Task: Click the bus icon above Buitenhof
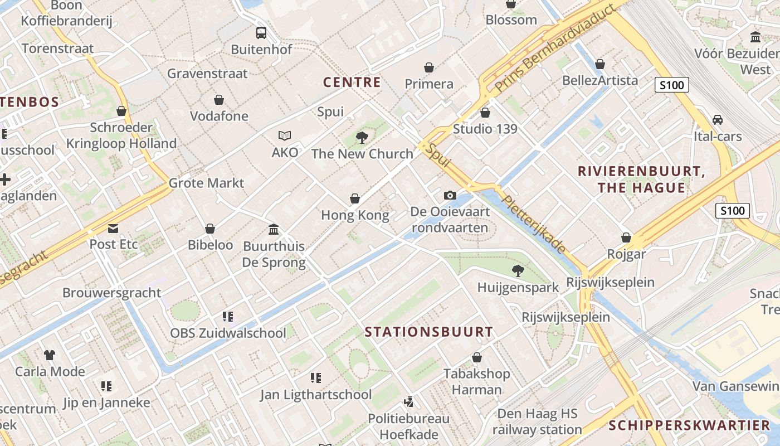[261, 33]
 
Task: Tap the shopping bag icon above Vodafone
[219, 100]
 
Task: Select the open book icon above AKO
[285, 135]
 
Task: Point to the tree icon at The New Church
[362, 137]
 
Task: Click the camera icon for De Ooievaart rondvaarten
[450, 195]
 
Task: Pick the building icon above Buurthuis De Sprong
[274, 229]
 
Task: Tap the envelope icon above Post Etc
[114, 228]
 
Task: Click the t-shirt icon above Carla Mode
[50, 355]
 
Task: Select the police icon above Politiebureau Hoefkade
[409, 401]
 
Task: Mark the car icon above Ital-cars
[718, 120]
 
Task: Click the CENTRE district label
[352, 83]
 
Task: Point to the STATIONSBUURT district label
[429, 332]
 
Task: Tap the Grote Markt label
[206, 183]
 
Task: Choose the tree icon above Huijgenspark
[518, 271]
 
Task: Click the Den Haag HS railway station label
[537, 422]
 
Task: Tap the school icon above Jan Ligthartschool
[316, 378]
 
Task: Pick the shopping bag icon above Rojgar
[626, 237]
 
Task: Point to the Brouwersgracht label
[111, 293]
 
